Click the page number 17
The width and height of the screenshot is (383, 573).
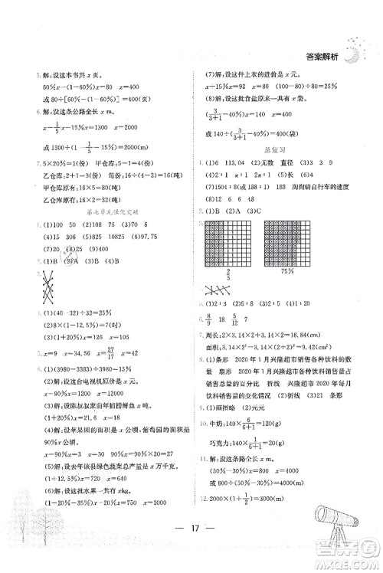pyautogui.click(x=192, y=548)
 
